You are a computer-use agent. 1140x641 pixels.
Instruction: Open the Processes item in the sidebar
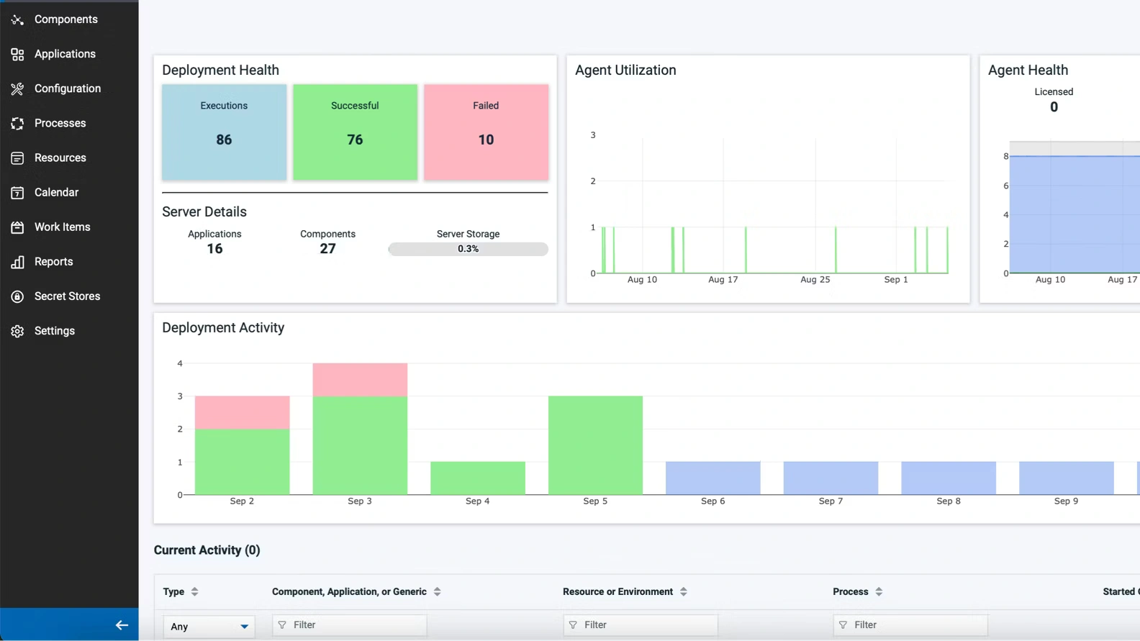click(x=60, y=123)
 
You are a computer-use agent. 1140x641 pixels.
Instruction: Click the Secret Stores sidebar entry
click(x=67, y=296)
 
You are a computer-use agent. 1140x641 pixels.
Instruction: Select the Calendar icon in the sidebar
click(x=17, y=193)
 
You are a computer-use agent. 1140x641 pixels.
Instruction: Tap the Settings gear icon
click(x=17, y=331)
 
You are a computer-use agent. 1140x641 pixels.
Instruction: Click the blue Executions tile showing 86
click(x=224, y=132)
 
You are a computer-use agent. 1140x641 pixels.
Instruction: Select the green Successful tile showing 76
click(x=355, y=132)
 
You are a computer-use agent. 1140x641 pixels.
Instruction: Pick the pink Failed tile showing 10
click(x=486, y=132)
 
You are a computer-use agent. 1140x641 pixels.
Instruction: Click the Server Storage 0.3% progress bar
click(x=468, y=249)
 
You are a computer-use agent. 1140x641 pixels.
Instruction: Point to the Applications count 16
click(x=214, y=249)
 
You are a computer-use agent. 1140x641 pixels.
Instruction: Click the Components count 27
click(x=327, y=249)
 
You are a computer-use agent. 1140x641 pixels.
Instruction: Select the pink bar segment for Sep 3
click(x=360, y=379)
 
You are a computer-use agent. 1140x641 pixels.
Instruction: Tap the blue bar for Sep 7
click(x=831, y=478)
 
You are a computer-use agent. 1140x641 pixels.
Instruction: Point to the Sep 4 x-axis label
click(x=477, y=501)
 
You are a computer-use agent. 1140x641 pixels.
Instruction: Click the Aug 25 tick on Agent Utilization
click(x=815, y=280)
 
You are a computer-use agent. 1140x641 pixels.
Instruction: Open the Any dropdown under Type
click(x=209, y=626)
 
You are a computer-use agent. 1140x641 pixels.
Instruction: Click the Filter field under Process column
click(x=910, y=625)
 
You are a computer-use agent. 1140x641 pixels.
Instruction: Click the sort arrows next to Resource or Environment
click(x=684, y=592)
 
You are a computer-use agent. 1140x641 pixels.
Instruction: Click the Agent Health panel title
click(x=1028, y=71)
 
